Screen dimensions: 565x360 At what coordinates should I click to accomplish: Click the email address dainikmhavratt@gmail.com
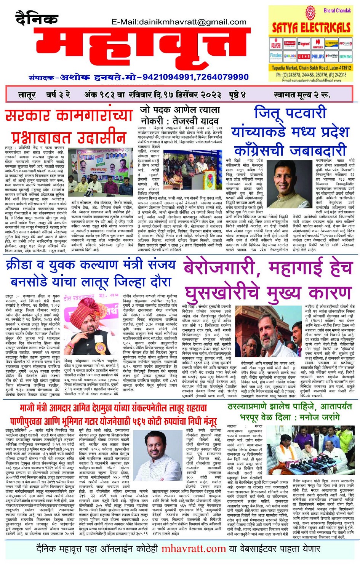[x=179, y=22]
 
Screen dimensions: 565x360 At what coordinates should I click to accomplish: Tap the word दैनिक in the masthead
[x=37, y=18]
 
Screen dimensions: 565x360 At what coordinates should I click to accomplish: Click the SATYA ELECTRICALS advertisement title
[x=311, y=27]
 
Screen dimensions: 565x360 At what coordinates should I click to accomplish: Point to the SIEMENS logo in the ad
[x=346, y=56]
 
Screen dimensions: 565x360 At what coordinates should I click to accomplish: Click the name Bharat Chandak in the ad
[x=337, y=10]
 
